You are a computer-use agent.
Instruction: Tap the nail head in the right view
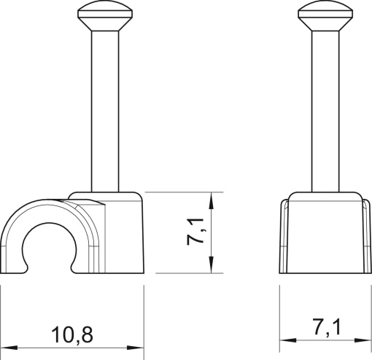coord(322,14)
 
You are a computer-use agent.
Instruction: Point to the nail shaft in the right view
coord(322,109)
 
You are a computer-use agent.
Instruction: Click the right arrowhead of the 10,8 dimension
coord(139,343)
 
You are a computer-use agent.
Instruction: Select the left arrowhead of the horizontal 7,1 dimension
coord(287,339)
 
